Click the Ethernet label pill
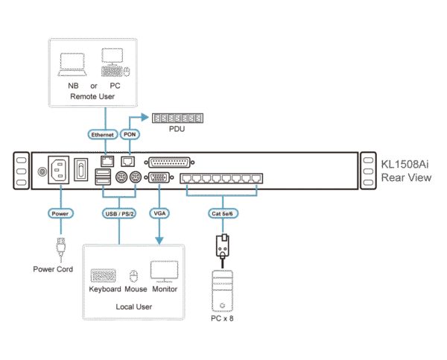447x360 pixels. [102, 135]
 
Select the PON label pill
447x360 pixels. [128, 135]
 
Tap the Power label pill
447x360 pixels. [60, 213]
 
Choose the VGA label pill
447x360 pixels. [159, 213]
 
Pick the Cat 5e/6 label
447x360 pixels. [221, 213]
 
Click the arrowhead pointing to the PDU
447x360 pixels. [145, 118]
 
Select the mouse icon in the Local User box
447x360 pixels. [133, 274]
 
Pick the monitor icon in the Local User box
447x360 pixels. [163, 271]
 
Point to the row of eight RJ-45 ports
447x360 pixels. [224, 179]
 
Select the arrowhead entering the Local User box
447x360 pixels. [159, 240]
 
